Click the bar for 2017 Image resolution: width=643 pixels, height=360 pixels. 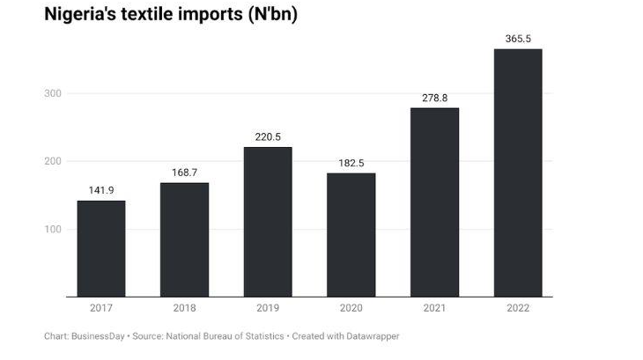tap(101, 248)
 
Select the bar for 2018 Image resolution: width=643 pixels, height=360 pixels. tap(184, 239)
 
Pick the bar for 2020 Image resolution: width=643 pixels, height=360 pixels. tap(351, 234)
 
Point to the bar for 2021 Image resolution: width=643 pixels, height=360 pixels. tap(434, 202)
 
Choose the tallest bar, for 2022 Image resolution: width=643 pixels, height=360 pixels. tap(518, 173)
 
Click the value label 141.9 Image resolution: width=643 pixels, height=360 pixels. tap(101, 190)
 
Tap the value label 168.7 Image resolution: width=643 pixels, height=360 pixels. tap(184, 173)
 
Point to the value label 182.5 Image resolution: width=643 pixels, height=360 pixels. tap(351, 163)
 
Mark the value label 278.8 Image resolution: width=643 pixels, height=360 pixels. tap(434, 98)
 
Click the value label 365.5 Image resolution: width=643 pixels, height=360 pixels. tap(518, 39)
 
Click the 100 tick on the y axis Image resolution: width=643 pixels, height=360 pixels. tap(55, 230)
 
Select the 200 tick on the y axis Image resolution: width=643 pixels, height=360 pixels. tap(55, 162)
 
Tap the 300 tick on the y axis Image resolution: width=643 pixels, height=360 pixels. tap(55, 94)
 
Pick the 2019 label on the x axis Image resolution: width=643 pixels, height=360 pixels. tap(268, 308)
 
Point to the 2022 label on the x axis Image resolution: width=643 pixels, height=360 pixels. tap(518, 308)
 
